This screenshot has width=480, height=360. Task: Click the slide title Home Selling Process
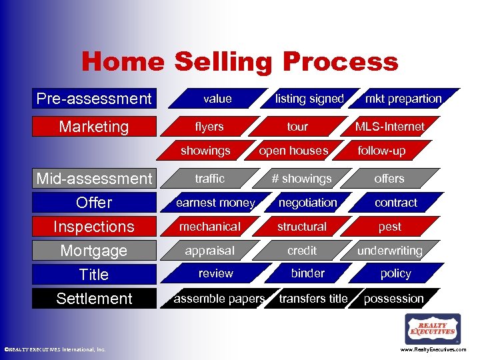[x=239, y=62]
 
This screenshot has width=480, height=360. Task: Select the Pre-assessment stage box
[x=94, y=99]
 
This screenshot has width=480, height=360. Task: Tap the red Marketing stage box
[x=94, y=127]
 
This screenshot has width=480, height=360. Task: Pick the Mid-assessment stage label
[x=94, y=179]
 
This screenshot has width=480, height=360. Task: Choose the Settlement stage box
[x=94, y=299]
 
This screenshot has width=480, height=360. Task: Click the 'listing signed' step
[x=309, y=99]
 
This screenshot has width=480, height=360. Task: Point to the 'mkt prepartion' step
[x=403, y=99]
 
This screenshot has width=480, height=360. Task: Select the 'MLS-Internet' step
[x=390, y=127]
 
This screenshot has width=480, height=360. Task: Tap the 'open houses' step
[x=293, y=151]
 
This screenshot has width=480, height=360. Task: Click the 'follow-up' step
[x=381, y=151]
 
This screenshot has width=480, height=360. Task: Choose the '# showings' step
[x=301, y=179]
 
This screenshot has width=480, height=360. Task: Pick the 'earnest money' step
[x=215, y=203]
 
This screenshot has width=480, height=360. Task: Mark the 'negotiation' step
[x=307, y=203]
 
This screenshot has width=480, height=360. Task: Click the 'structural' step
[x=302, y=227]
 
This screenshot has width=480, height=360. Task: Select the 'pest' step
[x=390, y=227]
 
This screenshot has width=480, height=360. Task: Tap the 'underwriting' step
[x=390, y=251]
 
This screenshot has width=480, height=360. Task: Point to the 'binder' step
[x=307, y=273]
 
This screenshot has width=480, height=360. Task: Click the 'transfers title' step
[x=313, y=299]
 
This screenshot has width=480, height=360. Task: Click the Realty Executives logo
[x=433, y=329]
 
